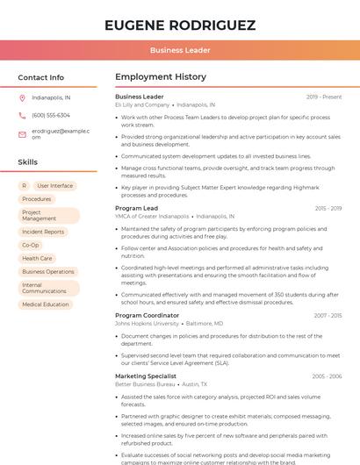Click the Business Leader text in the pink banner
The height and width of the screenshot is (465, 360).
point(179,51)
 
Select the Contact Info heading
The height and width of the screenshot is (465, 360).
point(40,77)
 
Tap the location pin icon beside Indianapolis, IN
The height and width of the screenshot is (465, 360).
point(22,97)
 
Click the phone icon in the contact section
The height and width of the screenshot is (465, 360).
point(22,115)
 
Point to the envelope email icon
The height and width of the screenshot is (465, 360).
point(22,133)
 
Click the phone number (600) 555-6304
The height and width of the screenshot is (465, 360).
point(51,115)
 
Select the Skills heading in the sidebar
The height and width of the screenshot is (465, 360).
point(28,162)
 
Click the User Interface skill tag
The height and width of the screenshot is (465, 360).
point(55,186)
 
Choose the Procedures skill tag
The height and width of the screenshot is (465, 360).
point(37,199)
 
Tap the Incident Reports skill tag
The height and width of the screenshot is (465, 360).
point(43,232)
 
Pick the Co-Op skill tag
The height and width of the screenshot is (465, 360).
point(31,245)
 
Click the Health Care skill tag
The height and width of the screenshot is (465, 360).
point(37,258)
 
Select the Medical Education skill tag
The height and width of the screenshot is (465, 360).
point(46,304)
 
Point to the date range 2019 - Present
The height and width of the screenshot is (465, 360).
point(324,97)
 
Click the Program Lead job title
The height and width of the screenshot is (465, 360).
point(136,208)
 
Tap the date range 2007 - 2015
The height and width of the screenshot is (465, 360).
point(328,315)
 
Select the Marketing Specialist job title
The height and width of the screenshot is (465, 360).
point(146,376)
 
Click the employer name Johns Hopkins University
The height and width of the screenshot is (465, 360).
point(147,323)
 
